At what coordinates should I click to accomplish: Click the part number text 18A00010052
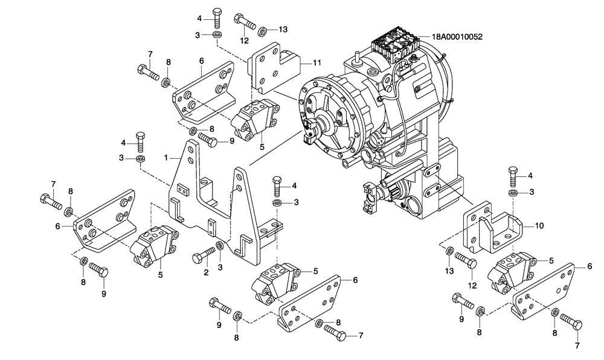click(457, 36)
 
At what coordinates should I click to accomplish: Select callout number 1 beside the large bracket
click(165, 157)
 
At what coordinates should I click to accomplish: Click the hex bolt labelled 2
click(203, 256)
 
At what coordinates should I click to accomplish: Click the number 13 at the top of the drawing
click(284, 30)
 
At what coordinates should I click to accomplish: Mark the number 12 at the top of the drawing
click(245, 41)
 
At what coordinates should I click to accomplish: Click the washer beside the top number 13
click(264, 30)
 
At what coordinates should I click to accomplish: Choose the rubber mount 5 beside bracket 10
click(512, 272)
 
